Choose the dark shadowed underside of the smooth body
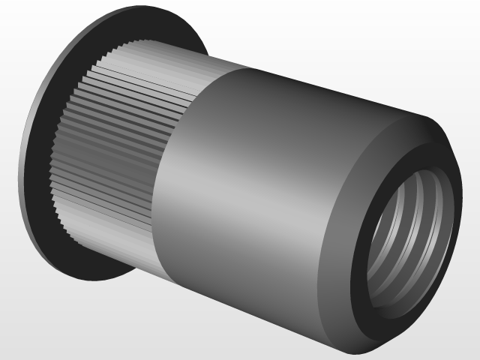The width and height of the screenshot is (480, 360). click(x=247, y=300)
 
